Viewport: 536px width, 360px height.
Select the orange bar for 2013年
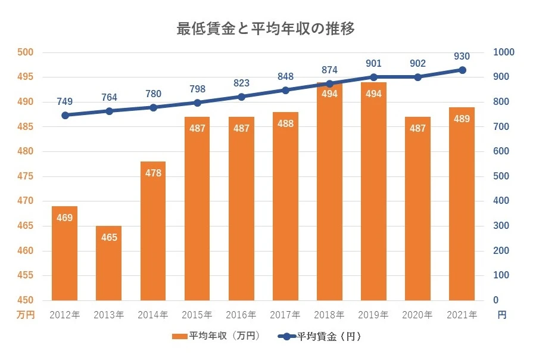click(109, 263)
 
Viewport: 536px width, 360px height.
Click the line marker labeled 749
click(65, 115)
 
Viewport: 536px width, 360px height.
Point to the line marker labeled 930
click(462, 70)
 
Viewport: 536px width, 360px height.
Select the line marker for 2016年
click(241, 97)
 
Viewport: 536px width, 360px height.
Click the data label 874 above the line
click(329, 69)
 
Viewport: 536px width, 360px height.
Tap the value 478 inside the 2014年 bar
click(153, 173)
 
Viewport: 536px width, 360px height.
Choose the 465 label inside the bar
click(109, 237)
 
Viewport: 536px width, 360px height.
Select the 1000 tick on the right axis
click(503, 52)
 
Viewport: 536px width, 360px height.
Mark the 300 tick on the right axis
click(500, 226)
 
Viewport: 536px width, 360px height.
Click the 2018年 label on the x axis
click(329, 315)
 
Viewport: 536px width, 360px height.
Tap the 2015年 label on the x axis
click(197, 315)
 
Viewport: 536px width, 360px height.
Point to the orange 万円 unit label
click(26, 315)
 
